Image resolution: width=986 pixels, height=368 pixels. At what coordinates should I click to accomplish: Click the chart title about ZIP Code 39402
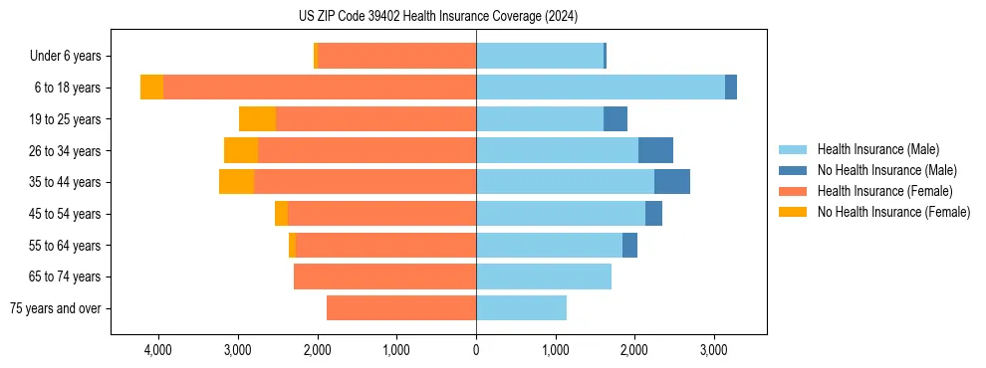click(437, 16)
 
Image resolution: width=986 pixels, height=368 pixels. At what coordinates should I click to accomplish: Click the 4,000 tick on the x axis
click(158, 350)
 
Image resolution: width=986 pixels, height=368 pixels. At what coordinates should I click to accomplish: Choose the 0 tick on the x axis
click(476, 350)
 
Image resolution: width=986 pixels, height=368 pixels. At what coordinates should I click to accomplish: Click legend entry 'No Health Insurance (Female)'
click(893, 212)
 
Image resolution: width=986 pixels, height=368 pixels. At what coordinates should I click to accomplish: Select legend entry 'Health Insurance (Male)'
click(877, 149)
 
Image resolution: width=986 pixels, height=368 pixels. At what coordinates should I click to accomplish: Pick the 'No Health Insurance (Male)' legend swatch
click(795, 170)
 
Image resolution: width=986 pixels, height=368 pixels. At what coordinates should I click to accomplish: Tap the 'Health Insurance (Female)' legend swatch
click(795, 191)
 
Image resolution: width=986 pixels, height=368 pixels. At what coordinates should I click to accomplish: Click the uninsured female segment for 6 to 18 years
click(151, 88)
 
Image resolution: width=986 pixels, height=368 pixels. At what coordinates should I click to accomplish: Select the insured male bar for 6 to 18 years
click(601, 88)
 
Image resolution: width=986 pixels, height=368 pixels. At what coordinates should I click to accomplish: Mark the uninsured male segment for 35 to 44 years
click(672, 182)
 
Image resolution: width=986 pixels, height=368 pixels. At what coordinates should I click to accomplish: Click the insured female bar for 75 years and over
click(401, 308)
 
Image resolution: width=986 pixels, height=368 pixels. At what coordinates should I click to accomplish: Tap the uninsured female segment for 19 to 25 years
click(257, 119)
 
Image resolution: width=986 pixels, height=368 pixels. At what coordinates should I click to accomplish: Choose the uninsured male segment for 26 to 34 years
click(655, 150)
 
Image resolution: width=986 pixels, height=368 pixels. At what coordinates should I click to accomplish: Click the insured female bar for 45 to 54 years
click(381, 214)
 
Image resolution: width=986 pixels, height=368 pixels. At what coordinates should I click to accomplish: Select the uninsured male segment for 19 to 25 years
click(616, 119)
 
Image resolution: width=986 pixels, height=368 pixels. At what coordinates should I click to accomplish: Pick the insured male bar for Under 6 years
click(540, 57)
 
